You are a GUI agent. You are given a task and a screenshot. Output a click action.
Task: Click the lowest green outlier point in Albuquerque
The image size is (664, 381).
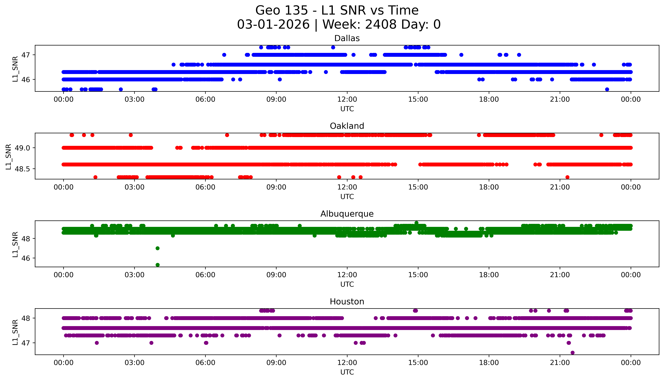pyautogui.click(x=158, y=265)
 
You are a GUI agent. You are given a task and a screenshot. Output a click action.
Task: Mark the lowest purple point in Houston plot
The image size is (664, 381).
pyautogui.click(x=573, y=352)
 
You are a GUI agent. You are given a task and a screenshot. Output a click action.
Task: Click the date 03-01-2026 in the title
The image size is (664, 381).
pyautogui.click(x=273, y=25)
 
